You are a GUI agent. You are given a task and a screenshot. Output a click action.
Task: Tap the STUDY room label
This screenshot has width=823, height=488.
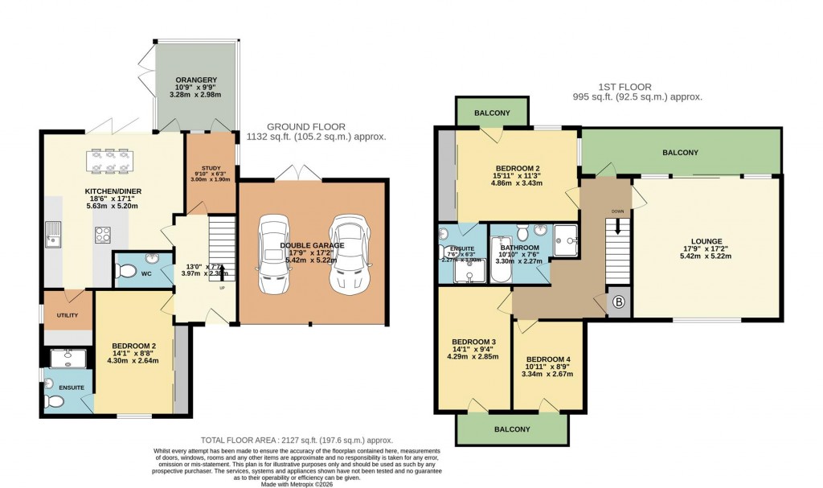210,169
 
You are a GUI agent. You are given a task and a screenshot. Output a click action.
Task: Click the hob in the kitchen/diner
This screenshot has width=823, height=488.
104,235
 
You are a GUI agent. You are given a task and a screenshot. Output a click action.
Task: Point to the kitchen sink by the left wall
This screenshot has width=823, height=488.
54,232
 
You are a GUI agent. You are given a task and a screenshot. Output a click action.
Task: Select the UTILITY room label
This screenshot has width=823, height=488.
68,316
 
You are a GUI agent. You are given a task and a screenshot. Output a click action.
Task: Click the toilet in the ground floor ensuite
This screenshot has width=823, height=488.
53,400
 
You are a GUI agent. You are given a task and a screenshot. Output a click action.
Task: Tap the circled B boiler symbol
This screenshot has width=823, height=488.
618,302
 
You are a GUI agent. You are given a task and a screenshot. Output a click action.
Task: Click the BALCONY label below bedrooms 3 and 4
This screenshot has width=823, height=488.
512,429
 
